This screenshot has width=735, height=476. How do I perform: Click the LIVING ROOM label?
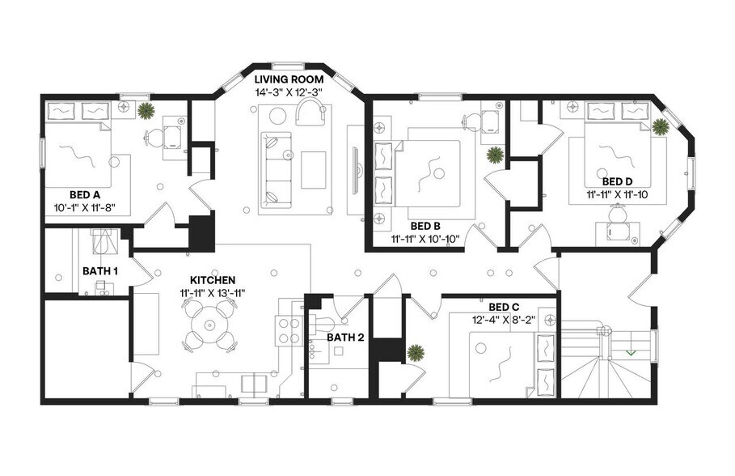[x=289, y=79]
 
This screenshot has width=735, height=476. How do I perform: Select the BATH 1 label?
[x=100, y=270]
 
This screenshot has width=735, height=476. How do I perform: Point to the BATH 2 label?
[x=345, y=337]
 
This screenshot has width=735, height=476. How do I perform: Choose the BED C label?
[x=504, y=307]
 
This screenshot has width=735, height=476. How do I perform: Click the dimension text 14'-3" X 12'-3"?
[x=289, y=92]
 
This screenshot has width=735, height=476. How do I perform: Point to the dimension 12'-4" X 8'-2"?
[x=504, y=320]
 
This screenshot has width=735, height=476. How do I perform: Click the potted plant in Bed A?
[x=146, y=111]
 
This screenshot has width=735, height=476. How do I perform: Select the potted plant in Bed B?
[x=494, y=155]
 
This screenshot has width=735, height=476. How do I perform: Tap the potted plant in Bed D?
[x=661, y=126]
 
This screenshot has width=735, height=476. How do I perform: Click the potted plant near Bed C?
[x=416, y=353]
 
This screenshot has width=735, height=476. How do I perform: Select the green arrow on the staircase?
[x=630, y=352]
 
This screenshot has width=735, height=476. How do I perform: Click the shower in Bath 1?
[x=101, y=242]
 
